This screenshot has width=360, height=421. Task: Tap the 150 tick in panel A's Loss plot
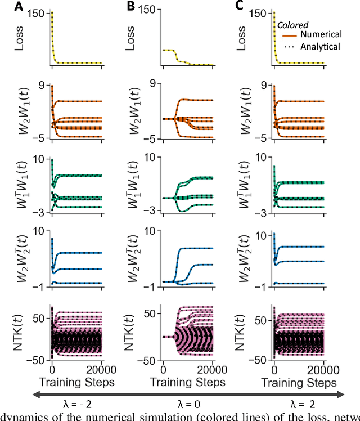(x=38, y=12)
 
